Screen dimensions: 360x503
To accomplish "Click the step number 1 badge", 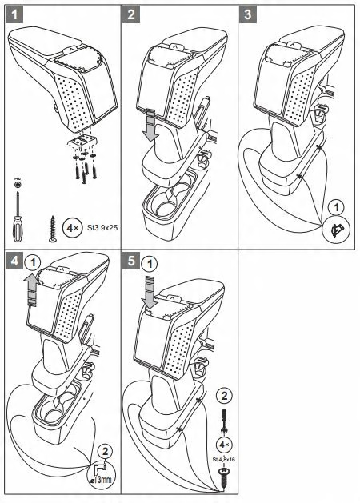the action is coord(14,14).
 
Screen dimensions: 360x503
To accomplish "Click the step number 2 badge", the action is coord(131,14).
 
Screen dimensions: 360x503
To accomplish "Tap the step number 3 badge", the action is coord(248,14).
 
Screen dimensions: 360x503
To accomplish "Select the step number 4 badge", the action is coord(14,261).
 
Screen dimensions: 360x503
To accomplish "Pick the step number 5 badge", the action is coord(131,261).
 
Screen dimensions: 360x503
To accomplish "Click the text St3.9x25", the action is coord(102,228).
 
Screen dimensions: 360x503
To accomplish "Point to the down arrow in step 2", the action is coord(151,126).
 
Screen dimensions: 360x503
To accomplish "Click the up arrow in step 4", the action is coord(32,289).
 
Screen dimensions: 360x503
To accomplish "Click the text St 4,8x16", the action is coord(224,459).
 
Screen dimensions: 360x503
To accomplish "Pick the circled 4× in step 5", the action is coord(224,445).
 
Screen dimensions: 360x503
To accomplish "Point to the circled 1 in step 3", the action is coord(336,207).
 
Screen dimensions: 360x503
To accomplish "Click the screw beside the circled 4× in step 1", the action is coord(53,229).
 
